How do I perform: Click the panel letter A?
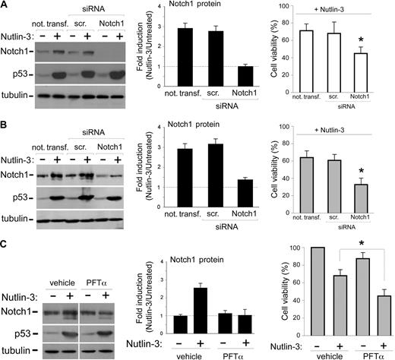pyautogui.click(x=6, y=6)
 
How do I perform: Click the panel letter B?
pyautogui.click(x=6, y=123)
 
